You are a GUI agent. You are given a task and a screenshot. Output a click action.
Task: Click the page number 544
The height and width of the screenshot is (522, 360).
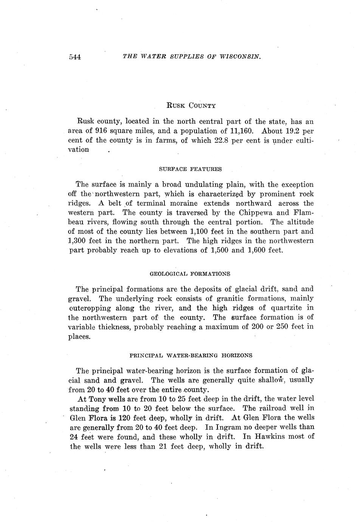75,57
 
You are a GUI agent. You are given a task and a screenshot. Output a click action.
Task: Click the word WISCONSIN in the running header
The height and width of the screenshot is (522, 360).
241,56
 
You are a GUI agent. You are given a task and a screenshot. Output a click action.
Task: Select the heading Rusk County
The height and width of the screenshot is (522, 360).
191,106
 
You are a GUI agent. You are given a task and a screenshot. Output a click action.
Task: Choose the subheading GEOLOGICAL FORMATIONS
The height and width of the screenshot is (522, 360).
190,273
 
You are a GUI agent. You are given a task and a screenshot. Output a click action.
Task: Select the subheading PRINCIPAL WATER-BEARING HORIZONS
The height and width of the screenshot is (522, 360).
191,356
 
